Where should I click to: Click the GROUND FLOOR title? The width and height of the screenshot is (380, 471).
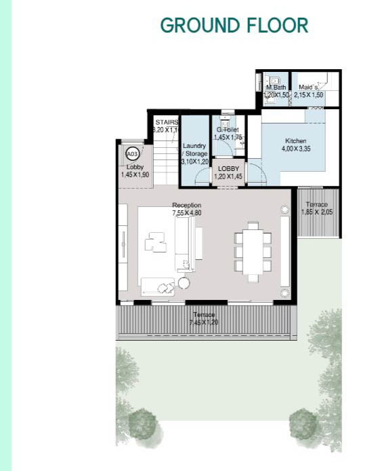(234, 26)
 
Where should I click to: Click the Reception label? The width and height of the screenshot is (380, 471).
(186, 205)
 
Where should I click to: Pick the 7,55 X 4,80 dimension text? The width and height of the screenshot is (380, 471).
(186, 213)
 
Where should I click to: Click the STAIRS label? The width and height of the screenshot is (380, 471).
(166, 121)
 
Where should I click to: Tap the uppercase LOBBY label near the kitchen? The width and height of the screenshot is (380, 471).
(228, 168)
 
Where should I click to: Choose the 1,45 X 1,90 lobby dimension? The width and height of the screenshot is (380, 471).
(135, 174)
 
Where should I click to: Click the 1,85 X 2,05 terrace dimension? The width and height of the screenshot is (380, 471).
(316, 212)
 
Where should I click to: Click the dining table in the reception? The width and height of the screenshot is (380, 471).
(253, 251)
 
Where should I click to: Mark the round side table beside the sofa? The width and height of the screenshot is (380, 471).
(184, 282)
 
